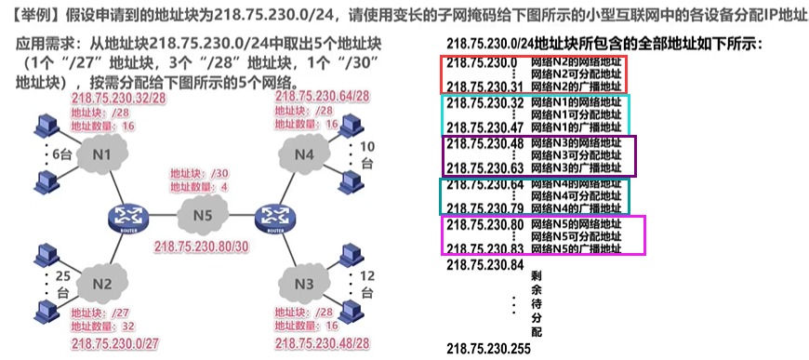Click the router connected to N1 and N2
pyautogui.click(x=123, y=217)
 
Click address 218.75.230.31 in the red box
pyautogui.click(x=486, y=87)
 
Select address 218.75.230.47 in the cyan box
pyautogui.click(x=486, y=127)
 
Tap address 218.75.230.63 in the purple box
pyautogui.click(x=486, y=168)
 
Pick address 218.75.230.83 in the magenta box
pyautogui.click(x=486, y=248)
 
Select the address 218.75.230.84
pyautogui.click(x=486, y=264)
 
